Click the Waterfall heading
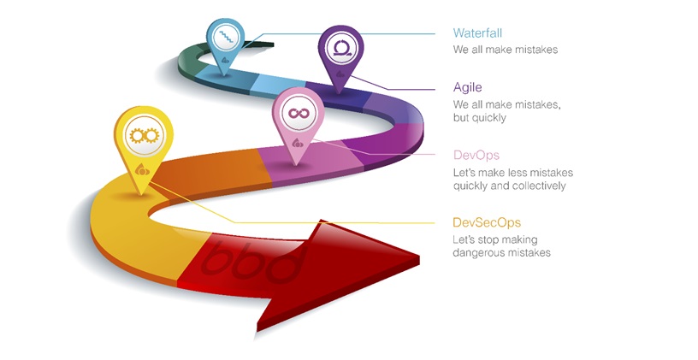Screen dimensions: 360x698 476,33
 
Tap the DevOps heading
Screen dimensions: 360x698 476,155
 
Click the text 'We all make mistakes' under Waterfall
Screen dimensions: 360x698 505,50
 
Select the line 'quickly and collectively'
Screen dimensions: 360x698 509,186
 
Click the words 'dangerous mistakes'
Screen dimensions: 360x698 501,253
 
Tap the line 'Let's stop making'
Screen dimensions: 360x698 495,239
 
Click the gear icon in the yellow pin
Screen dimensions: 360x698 141,134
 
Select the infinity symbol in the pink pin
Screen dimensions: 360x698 297,113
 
